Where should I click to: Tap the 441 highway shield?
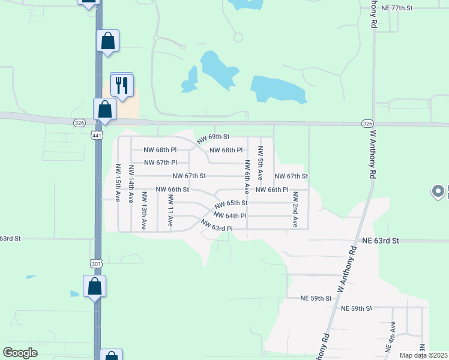97,136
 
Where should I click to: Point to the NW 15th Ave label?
118,184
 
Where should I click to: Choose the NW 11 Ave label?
170,211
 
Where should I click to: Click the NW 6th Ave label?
246,177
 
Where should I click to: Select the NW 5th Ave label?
260,163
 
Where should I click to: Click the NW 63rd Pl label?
216,226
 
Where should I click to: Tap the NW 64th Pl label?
229,215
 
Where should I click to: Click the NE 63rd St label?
381,241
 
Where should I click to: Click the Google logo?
20,353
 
